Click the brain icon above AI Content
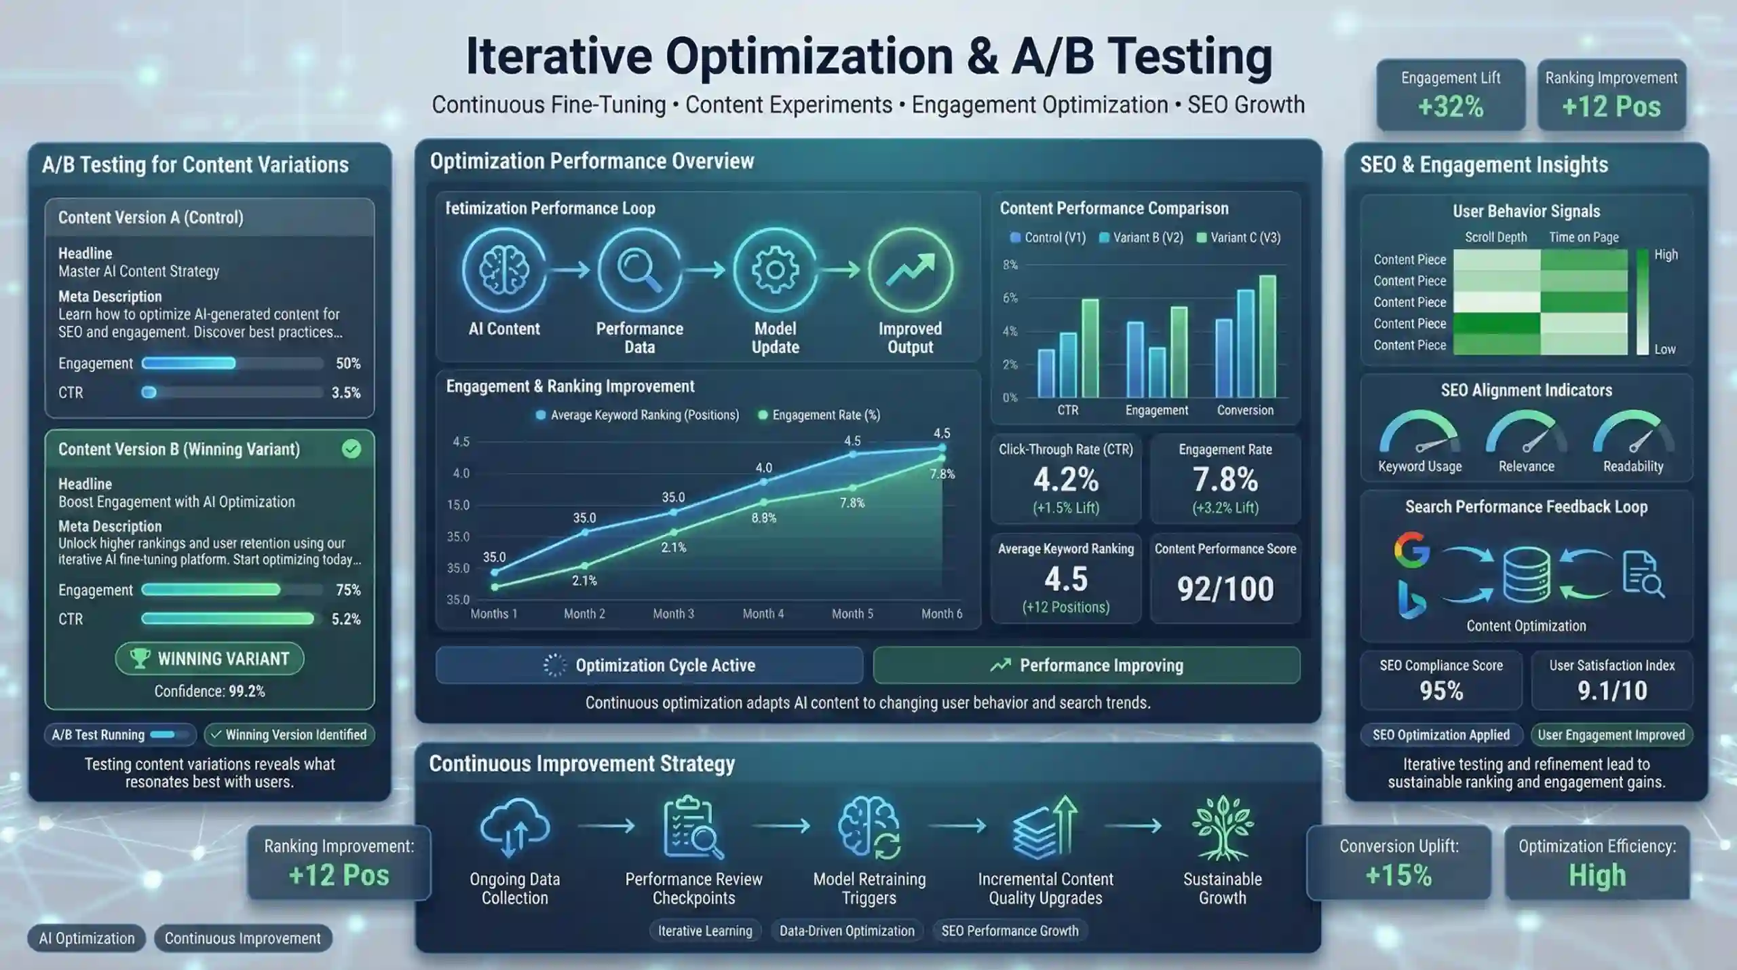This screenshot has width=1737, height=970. [503, 269]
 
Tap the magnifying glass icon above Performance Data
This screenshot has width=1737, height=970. [638, 269]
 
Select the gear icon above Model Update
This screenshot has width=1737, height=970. [775, 269]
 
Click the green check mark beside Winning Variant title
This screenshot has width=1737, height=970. [351, 449]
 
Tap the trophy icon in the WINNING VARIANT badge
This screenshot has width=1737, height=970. [139, 658]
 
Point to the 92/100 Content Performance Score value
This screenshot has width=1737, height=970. [1225, 589]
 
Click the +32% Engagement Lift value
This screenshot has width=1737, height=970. [1451, 107]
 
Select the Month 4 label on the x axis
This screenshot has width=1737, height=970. [763, 614]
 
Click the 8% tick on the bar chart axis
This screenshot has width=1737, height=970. [1010, 265]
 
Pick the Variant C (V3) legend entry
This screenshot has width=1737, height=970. [1238, 238]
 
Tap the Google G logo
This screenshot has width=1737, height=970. [1411, 550]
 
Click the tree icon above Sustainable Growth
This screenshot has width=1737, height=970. [1223, 827]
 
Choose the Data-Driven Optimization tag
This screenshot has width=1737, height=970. [847, 931]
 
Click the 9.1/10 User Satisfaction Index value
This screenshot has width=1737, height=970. [1612, 691]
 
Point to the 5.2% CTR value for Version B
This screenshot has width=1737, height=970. [346, 619]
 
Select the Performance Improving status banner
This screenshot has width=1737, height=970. [1086, 665]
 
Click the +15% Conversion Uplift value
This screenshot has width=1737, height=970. [1398, 876]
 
